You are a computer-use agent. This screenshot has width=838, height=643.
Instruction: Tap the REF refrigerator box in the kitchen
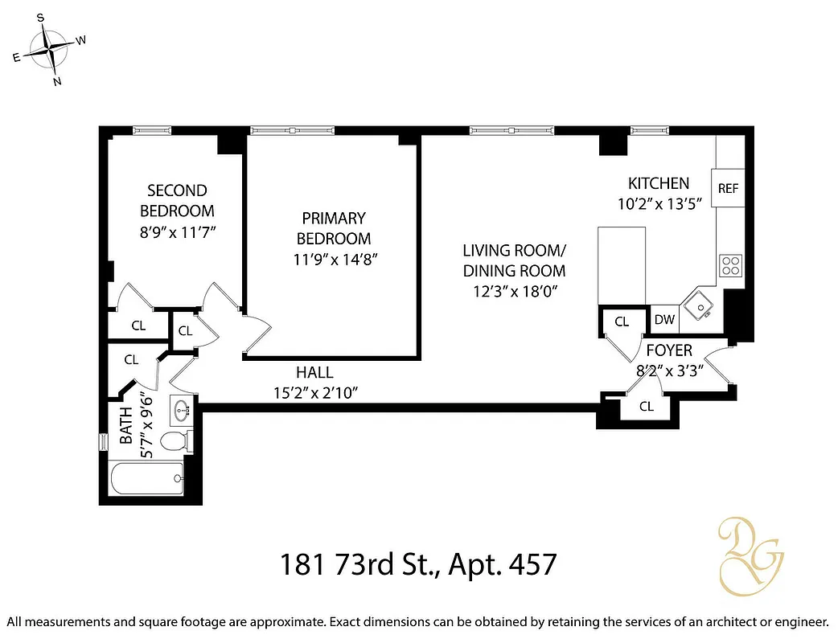(728, 189)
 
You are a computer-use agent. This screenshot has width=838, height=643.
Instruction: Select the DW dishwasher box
(664, 320)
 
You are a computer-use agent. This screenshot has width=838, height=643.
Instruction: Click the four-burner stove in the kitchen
(731, 265)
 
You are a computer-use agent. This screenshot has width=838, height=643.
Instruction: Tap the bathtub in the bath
(146, 480)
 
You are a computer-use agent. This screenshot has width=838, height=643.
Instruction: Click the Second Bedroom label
(177, 201)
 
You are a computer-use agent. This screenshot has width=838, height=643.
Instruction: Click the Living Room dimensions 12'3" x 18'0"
(515, 292)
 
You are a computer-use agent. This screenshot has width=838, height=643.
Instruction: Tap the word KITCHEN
(659, 183)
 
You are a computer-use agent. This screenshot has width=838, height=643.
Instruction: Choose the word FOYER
(669, 351)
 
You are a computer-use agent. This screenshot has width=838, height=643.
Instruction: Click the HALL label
(314, 373)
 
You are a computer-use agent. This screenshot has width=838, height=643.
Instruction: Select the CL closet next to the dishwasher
(622, 321)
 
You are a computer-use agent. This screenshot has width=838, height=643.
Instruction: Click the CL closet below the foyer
(647, 407)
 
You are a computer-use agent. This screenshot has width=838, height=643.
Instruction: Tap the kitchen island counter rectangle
(622, 265)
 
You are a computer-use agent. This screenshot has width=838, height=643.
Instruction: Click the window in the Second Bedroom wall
(152, 130)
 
